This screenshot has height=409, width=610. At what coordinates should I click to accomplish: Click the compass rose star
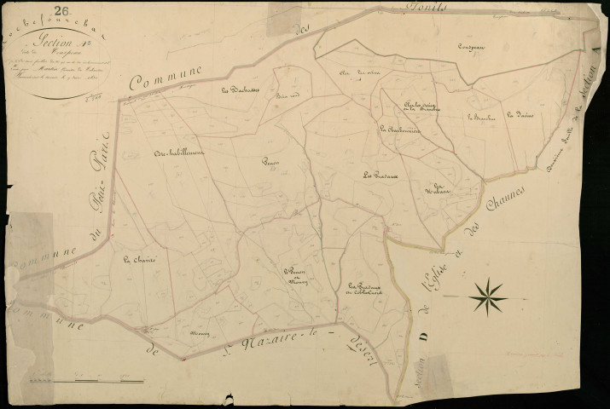(488, 296)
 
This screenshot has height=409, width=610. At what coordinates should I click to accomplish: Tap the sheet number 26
(61, 11)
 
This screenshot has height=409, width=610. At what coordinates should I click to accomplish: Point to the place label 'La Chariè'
(137, 262)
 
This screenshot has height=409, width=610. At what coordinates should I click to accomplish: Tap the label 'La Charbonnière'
(397, 130)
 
